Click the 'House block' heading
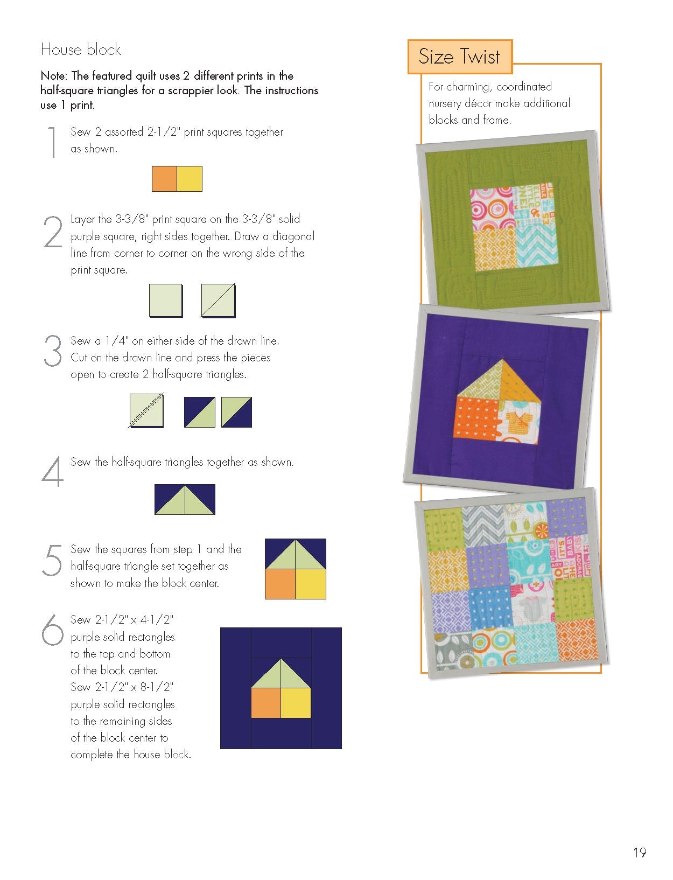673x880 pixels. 81,50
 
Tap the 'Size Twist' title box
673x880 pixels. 459,57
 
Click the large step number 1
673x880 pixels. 52,142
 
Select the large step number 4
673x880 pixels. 52,472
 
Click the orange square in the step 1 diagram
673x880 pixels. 164,179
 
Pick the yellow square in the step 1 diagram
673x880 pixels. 190,179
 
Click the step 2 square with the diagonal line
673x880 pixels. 218,301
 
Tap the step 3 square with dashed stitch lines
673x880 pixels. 146,411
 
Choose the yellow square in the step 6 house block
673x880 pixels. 296,703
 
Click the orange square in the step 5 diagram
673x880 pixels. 280,584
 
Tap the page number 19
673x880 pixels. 639,853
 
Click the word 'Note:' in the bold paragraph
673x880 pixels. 54,76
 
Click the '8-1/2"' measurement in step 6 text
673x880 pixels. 157,687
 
